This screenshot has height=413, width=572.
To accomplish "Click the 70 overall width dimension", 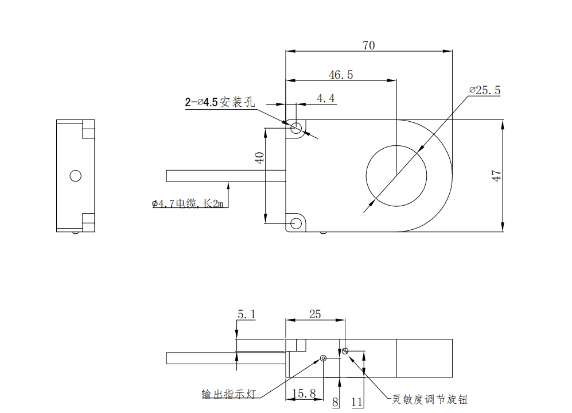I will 368,45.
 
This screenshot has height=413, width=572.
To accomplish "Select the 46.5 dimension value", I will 341,75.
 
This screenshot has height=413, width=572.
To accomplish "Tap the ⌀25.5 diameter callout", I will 485,90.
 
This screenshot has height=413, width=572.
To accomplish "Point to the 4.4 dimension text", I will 325,98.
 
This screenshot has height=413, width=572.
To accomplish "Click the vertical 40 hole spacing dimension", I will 259,158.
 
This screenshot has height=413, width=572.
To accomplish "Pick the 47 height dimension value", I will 497,176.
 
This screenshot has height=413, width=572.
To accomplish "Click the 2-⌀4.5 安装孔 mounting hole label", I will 219,103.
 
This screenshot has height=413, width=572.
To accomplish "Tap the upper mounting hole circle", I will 297,128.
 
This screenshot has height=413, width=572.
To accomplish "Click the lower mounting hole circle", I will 297,223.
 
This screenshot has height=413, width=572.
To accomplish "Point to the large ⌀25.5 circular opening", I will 396,175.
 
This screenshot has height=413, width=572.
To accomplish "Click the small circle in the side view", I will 75,175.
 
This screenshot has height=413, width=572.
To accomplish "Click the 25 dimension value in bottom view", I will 315,314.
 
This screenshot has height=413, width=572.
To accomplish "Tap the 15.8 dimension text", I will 303,393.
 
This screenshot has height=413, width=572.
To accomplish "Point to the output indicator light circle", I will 324,358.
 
